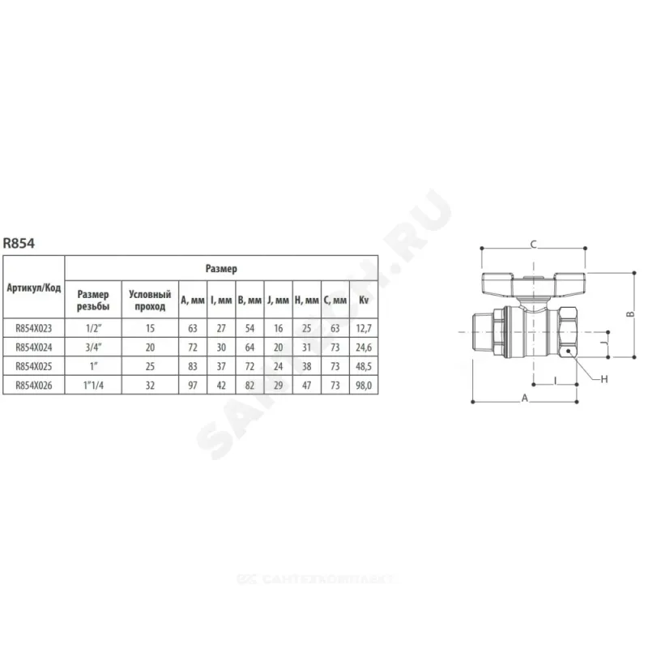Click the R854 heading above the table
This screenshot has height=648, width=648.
(19, 243)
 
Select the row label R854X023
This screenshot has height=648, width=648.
(34, 328)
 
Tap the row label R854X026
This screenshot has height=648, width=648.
(34, 386)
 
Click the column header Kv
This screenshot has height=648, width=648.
(364, 300)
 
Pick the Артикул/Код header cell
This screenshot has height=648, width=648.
(34, 288)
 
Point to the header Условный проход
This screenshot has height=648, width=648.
(150, 300)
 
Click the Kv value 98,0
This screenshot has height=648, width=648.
(364, 386)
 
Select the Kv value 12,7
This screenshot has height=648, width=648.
(364, 328)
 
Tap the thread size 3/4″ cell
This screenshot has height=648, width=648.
(93, 347)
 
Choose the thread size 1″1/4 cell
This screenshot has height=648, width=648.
(93, 386)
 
